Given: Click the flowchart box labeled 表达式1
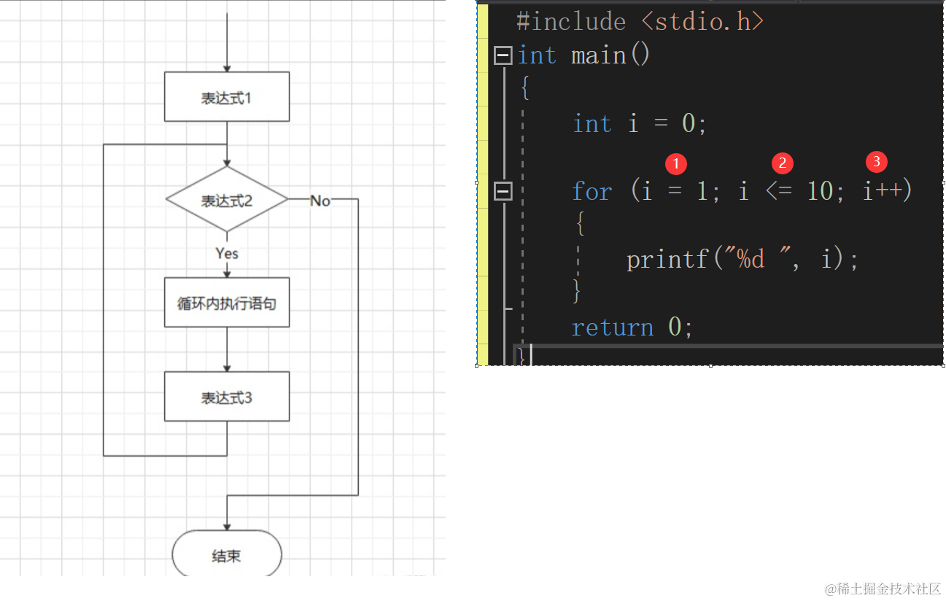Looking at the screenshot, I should (227, 97).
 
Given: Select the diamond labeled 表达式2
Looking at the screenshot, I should (227, 200).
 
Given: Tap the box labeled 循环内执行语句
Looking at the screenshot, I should (227, 303).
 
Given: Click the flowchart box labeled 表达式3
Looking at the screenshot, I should (227, 397).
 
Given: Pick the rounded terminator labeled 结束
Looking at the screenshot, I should (227, 556).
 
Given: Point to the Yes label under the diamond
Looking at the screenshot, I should (227, 253).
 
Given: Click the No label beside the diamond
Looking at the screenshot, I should (320, 201).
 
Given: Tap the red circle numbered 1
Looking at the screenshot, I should (676, 163).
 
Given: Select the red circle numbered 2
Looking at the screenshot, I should (783, 163).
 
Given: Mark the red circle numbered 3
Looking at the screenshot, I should (876, 162).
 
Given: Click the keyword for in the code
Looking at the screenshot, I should (592, 192).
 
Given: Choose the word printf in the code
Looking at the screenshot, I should (667, 259).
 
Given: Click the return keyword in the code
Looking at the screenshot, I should (612, 327).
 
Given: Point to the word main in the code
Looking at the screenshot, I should (599, 55).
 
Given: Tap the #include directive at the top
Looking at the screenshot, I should (570, 22).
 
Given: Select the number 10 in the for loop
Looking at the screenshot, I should (819, 192).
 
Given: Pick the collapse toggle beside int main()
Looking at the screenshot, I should (503, 55).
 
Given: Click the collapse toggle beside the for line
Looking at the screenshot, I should (503, 192).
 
